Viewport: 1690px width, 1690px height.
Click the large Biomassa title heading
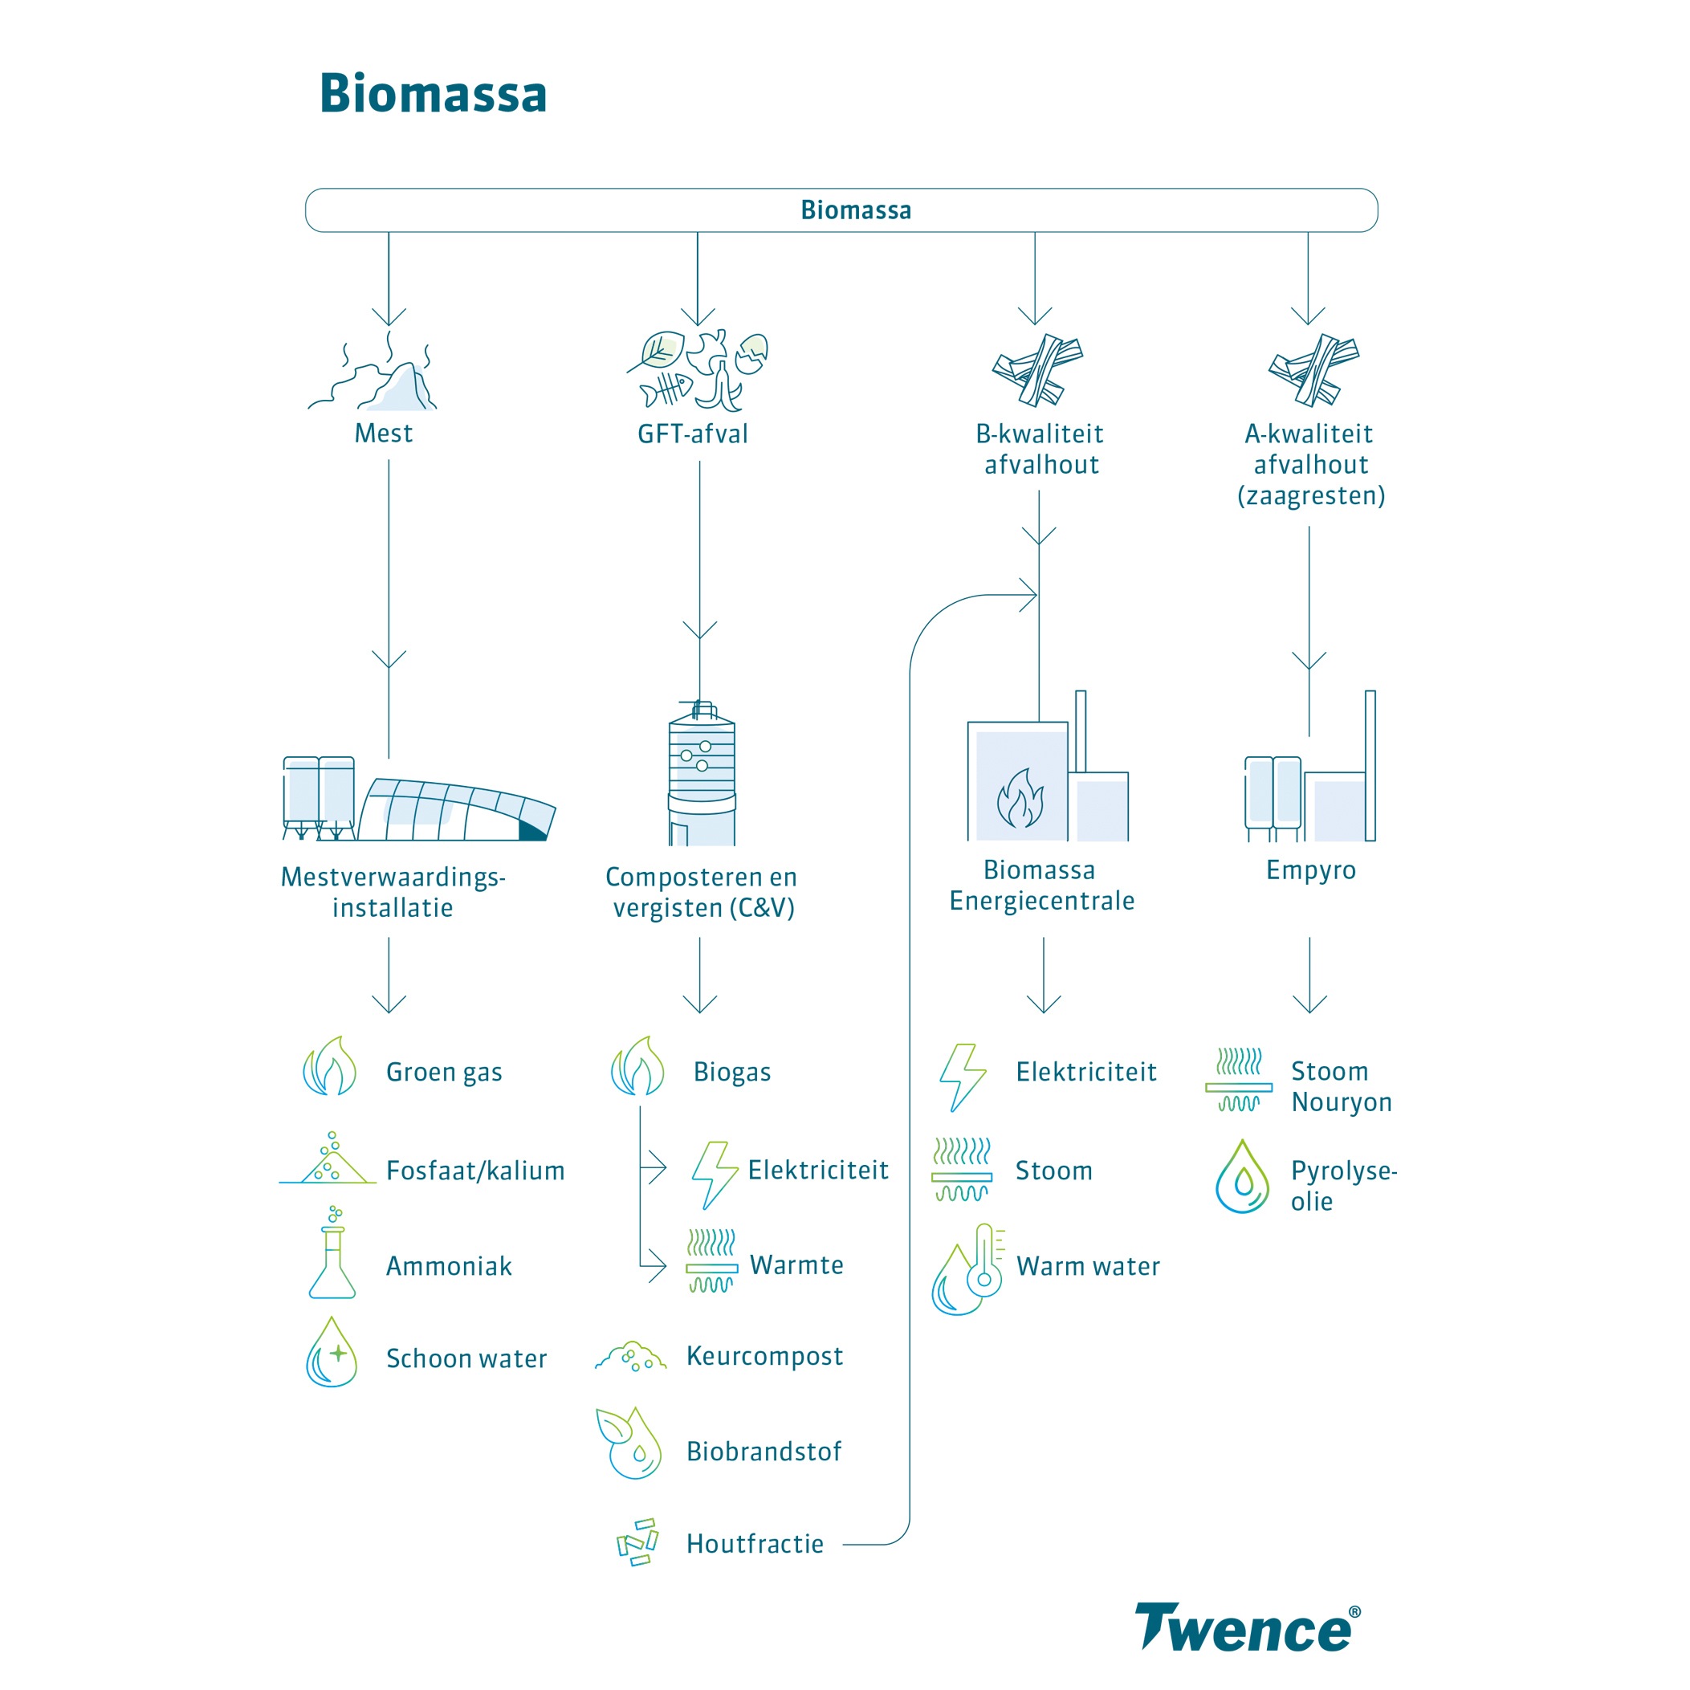click(x=433, y=94)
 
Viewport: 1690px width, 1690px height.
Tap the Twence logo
click(x=1247, y=1627)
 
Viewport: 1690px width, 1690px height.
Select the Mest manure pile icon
click(x=377, y=377)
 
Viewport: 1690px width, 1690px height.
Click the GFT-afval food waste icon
click(x=697, y=371)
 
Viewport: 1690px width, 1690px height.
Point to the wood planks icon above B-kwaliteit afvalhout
click(x=1037, y=370)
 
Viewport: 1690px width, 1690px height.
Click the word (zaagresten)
click(x=1310, y=496)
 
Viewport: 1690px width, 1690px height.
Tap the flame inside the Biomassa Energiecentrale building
click(x=1020, y=798)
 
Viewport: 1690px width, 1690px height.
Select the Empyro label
click(x=1310, y=869)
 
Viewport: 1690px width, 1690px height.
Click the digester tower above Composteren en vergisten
click(x=702, y=774)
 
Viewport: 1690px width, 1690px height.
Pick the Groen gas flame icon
click(x=331, y=1067)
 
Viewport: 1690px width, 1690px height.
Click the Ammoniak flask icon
click(x=332, y=1260)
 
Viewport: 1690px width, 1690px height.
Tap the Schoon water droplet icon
click(x=332, y=1354)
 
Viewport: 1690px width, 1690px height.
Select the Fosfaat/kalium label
click(x=475, y=1171)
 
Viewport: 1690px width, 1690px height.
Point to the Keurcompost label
click(x=764, y=1356)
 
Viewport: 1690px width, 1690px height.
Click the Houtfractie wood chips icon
click(x=637, y=1542)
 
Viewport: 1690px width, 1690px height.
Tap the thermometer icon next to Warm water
click(x=985, y=1261)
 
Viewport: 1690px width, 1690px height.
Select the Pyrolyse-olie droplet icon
click(x=1242, y=1178)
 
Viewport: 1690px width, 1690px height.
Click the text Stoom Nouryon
click(x=1340, y=1086)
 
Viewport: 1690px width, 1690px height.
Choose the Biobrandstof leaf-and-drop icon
click(x=629, y=1444)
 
